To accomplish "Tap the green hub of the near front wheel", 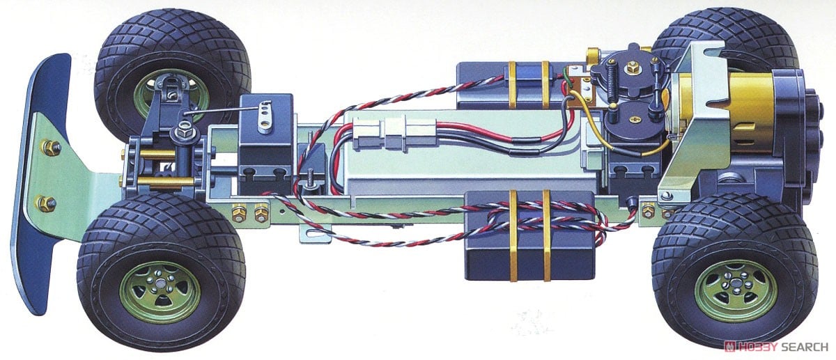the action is (160, 292).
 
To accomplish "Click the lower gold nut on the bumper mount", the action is (47, 203).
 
